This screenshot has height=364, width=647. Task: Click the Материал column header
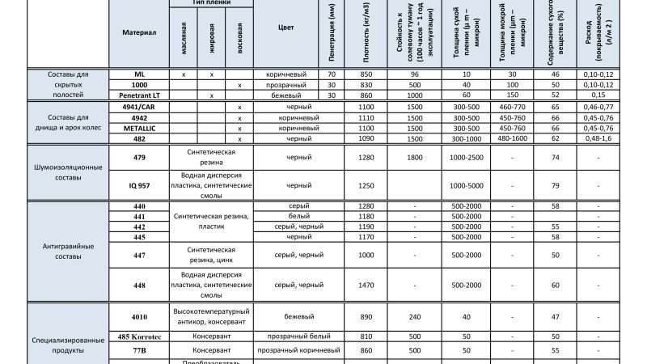tap(139, 33)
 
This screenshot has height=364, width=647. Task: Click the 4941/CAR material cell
tap(139, 107)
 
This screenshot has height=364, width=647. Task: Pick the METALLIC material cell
tap(139, 128)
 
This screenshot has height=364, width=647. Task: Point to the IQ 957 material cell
tap(139, 185)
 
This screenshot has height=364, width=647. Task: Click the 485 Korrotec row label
tap(139, 336)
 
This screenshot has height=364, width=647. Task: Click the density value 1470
tap(366, 285)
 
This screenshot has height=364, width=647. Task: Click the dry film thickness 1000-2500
tap(467, 157)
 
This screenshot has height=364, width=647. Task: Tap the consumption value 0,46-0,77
tap(598, 107)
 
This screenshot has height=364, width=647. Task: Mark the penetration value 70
tap(332, 74)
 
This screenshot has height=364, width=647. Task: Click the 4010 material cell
tap(139, 316)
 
